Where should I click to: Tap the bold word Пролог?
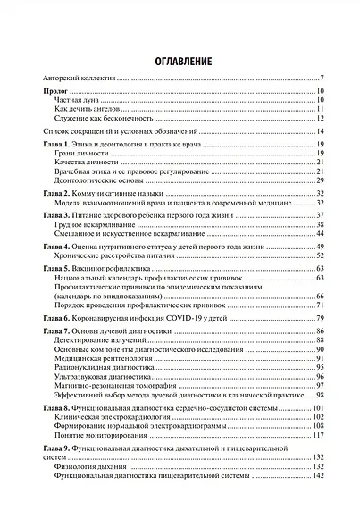[x=56, y=92]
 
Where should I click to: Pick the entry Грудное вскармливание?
[x=97, y=227]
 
